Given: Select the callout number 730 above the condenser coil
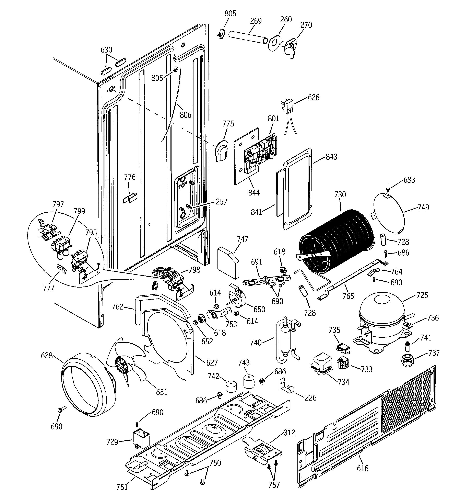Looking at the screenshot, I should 340,195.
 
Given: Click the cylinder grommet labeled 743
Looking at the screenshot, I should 249,381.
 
